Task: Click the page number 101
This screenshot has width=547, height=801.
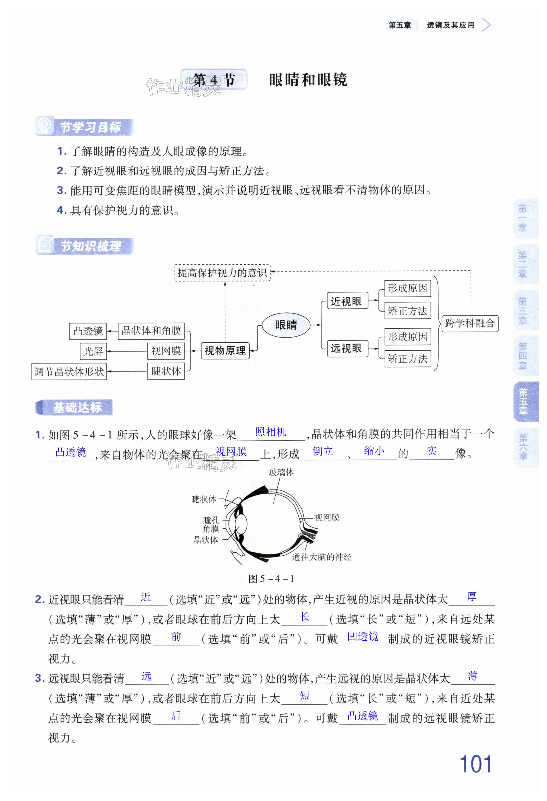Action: pyautogui.click(x=475, y=764)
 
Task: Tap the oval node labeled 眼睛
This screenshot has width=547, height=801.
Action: pyautogui.click(x=286, y=325)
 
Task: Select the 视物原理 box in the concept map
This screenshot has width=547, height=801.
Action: pyautogui.click(x=225, y=351)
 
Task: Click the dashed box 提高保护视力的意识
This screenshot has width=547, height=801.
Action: pyautogui.click(x=222, y=273)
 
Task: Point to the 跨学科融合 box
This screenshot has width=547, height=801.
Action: pyautogui.click(x=470, y=323)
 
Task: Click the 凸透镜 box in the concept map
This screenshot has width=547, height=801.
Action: pyautogui.click(x=88, y=331)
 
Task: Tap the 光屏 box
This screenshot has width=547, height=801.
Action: pyautogui.click(x=93, y=351)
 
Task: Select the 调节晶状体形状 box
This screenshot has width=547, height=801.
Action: pyautogui.click(x=69, y=371)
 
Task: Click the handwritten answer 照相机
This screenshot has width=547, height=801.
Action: pyautogui.click(x=271, y=432)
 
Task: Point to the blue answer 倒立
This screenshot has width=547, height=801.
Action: pyautogui.click(x=322, y=451)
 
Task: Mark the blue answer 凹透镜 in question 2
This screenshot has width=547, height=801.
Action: pyautogui.click(x=362, y=636)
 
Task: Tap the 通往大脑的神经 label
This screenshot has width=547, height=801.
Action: pyautogui.click(x=322, y=557)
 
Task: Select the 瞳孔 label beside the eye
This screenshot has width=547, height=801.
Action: pyautogui.click(x=211, y=520)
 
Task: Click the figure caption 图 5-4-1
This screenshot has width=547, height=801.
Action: pyautogui.click(x=271, y=579)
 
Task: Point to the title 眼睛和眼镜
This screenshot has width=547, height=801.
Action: pyautogui.click(x=308, y=80)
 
